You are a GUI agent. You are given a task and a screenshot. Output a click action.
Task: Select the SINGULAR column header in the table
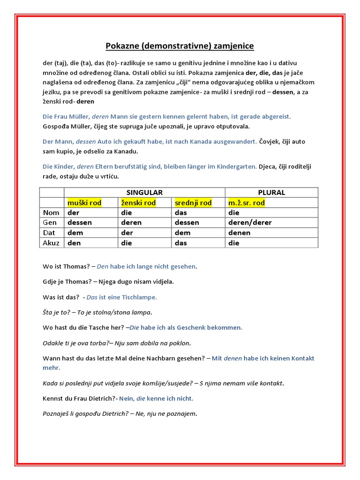coord(144,193)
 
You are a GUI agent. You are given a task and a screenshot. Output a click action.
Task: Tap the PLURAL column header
coord(271,193)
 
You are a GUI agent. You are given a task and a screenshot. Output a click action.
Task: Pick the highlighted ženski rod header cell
coord(138,202)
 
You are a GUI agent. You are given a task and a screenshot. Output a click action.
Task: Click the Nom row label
coord(51,212)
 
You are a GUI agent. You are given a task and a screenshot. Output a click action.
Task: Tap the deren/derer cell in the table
coord(249,223)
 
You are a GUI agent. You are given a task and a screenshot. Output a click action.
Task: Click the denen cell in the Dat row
coord(239,232)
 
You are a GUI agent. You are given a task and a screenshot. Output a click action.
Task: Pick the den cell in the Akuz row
coord(74,243)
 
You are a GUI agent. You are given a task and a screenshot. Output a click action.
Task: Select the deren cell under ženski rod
coord(131,223)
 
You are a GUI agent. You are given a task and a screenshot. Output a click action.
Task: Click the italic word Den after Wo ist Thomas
coord(103,266)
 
